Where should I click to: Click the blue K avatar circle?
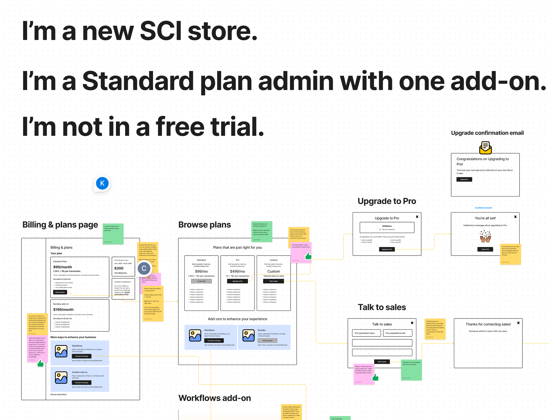[x=102, y=183]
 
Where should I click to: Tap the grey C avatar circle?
[x=144, y=268]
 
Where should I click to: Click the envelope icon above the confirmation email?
[x=485, y=147]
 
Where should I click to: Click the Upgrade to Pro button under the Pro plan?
[x=237, y=281]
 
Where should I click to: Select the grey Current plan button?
[x=201, y=281]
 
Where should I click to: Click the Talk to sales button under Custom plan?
[x=273, y=281]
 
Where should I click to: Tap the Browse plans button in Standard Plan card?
[x=60, y=292]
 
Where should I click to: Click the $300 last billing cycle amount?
[x=119, y=268]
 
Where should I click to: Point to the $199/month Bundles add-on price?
[x=63, y=310]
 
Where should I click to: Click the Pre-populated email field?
[x=397, y=333]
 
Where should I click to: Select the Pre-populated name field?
[x=366, y=333]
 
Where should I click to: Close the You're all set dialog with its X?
[x=515, y=217]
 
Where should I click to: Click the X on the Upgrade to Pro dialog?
[x=417, y=217]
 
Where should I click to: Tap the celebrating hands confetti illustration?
[x=485, y=236]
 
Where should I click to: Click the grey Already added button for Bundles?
[x=267, y=341]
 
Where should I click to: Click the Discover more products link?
[x=58, y=394]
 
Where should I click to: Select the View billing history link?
[x=121, y=273]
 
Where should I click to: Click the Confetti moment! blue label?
[x=483, y=208]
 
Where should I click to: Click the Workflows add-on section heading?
[x=215, y=398]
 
